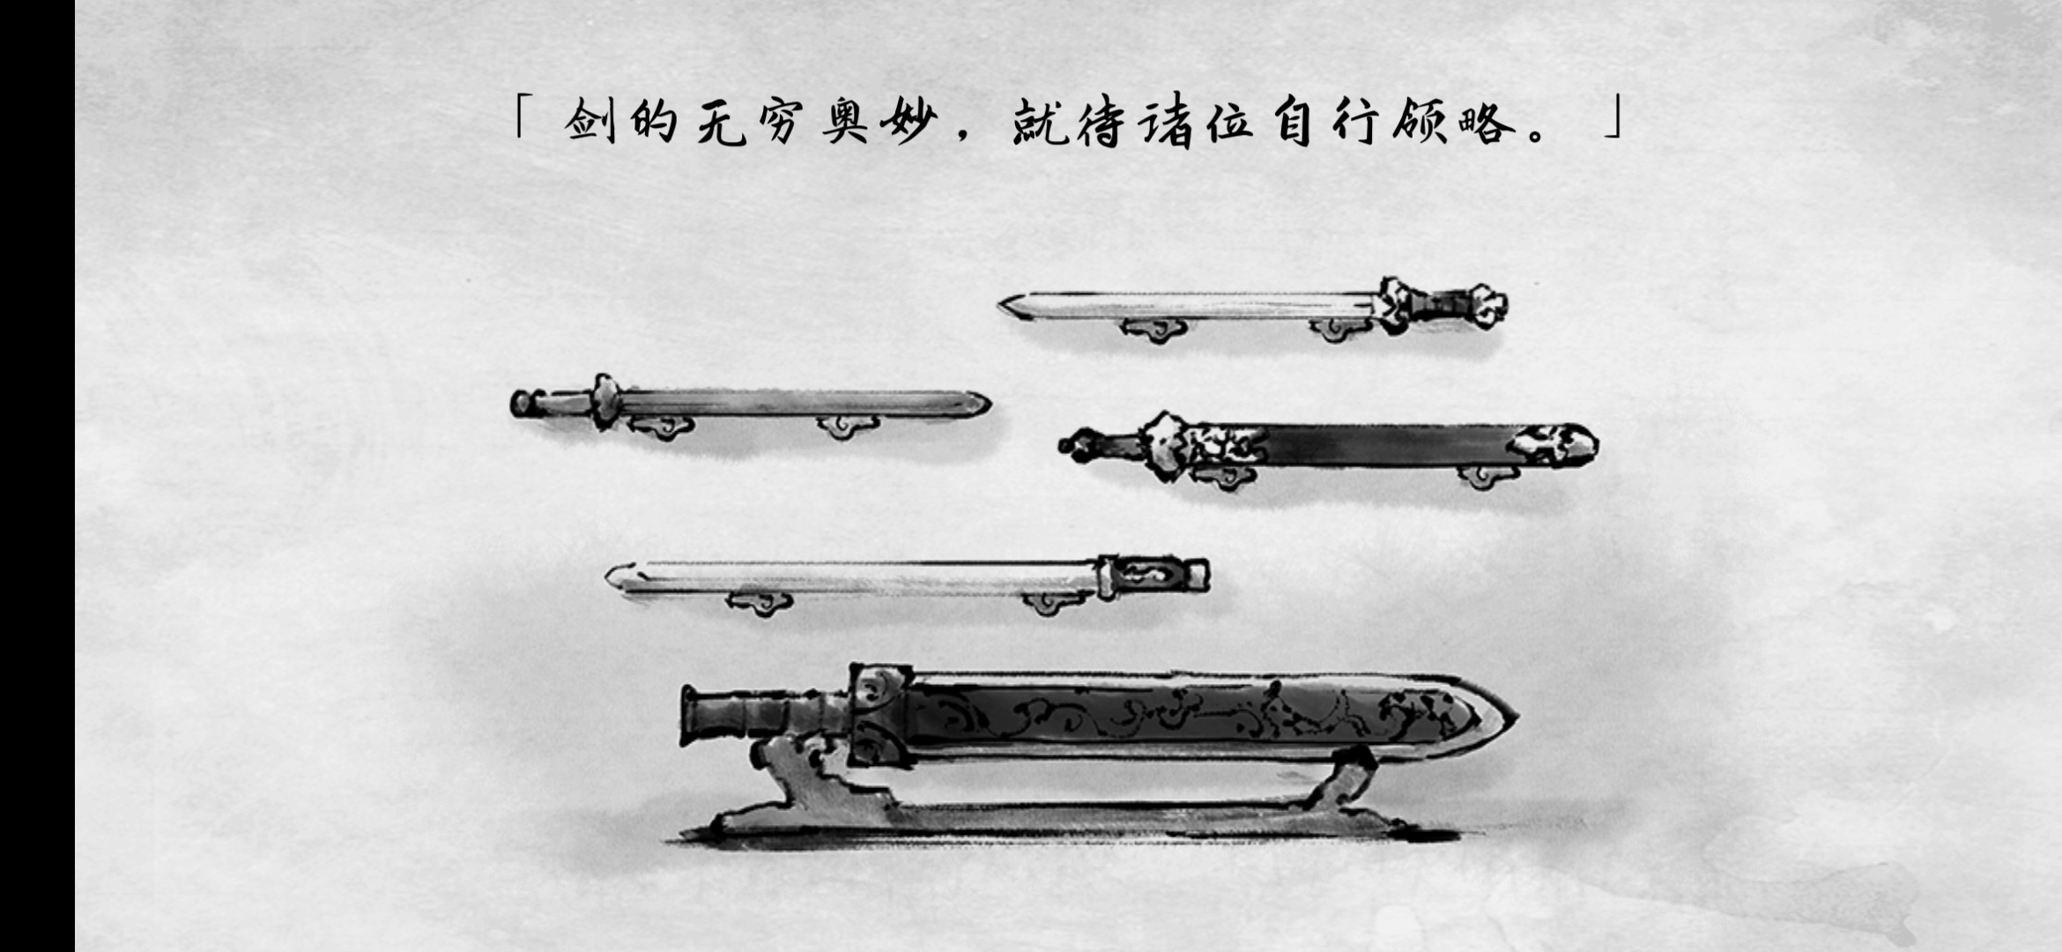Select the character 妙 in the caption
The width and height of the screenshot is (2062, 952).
pos(908,122)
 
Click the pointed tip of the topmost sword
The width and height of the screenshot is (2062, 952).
pos(1001,307)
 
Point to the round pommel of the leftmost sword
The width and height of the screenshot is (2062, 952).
pos(524,404)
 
